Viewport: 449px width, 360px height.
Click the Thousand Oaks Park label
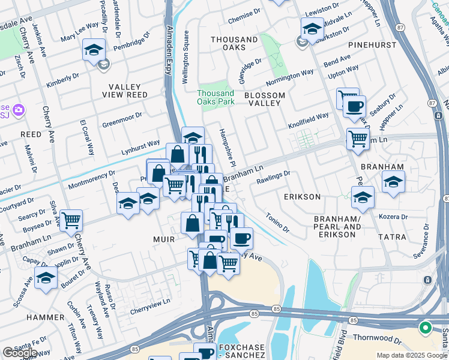(x=215, y=97)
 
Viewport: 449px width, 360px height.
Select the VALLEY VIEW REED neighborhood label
(x=127, y=91)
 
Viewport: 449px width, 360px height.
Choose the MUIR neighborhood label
(x=162, y=239)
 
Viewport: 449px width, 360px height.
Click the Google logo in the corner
(x=20, y=353)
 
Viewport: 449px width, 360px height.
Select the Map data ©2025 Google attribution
(x=412, y=355)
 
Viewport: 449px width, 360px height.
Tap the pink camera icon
(x=19, y=109)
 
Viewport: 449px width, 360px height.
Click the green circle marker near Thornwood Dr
(x=425, y=328)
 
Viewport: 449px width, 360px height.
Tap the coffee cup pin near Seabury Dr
(x=354, y=106)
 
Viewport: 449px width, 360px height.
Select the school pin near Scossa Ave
(x=46, y=278)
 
